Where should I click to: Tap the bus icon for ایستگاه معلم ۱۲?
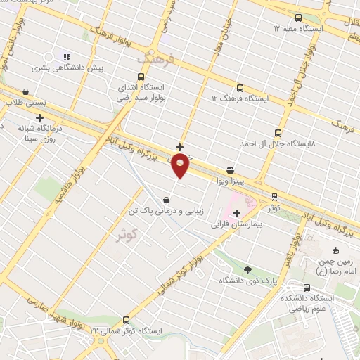297,18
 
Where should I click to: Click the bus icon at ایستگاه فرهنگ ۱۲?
240,89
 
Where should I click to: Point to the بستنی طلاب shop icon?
26,91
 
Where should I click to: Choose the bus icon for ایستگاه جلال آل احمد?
278,132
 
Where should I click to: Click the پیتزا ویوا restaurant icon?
230,170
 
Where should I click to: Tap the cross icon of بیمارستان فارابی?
236,213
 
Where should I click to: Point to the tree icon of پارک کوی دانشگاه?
247,269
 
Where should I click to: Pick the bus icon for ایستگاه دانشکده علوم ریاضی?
307,288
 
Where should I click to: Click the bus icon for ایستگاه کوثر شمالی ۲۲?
126,319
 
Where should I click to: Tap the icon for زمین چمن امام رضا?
335,251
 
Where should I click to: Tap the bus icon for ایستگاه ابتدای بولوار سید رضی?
141,77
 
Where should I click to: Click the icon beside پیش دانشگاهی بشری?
66,57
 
